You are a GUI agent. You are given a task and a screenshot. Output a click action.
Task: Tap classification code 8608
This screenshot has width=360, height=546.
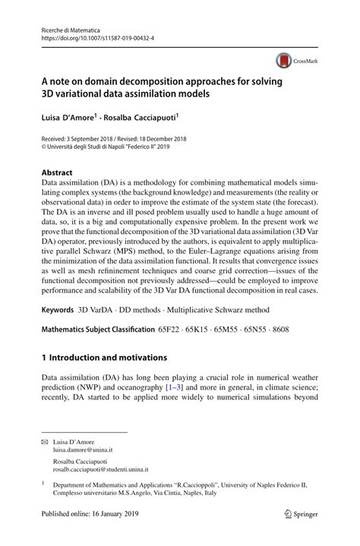pyautogui.click(x=282, y=352)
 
